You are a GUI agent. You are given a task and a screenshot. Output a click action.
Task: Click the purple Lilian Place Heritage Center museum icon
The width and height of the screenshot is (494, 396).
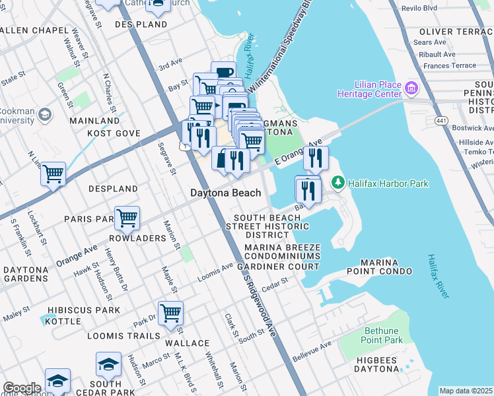click(x=411, y=88)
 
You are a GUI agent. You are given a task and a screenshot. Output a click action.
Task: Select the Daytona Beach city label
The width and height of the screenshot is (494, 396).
click(x=226, y=193)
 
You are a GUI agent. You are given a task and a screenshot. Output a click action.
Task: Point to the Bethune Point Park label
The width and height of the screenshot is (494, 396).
click(x=382, y=335)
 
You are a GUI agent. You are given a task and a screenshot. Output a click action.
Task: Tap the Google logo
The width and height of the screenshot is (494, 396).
click(x=21, y=387)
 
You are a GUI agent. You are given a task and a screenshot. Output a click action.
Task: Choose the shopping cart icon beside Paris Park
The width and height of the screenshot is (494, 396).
click(x=127, y=216)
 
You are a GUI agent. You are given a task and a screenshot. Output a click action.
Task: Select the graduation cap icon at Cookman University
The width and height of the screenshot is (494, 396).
click(x=45, y=115)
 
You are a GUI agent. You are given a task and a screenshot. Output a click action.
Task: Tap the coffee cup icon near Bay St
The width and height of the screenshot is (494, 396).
click(x=224, y=72)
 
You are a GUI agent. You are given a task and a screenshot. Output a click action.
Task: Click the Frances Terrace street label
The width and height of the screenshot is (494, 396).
click(x=450, y=66)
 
